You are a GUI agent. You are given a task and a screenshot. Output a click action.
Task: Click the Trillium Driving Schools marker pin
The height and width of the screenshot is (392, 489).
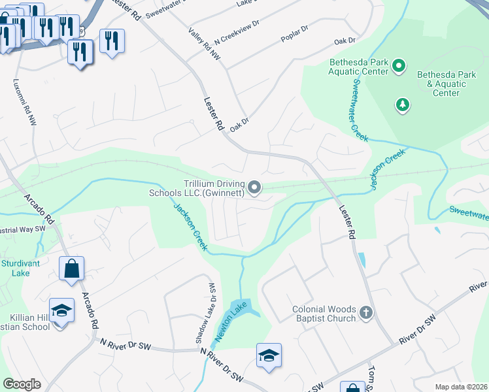256,189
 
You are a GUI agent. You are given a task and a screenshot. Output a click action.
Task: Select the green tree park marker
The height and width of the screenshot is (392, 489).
403,104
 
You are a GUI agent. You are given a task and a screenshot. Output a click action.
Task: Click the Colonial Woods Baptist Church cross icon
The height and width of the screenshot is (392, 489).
365,314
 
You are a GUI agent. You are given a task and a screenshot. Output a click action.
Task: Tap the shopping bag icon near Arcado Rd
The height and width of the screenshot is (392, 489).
71,269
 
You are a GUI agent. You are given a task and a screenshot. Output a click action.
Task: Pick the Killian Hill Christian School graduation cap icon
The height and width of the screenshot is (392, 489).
61,310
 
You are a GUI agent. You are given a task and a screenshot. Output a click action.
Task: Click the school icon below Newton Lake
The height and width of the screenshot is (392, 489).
269,355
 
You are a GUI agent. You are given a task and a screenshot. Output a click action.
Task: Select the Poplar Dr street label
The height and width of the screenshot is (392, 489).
295,32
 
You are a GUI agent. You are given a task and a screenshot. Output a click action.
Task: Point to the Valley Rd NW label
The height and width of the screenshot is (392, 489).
203,46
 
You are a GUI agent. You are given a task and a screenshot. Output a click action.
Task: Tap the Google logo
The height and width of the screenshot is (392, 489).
22,384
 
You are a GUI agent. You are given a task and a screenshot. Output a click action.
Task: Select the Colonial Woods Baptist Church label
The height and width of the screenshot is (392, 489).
325,314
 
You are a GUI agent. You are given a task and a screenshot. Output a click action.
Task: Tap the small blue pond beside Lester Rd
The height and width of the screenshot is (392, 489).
362,260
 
